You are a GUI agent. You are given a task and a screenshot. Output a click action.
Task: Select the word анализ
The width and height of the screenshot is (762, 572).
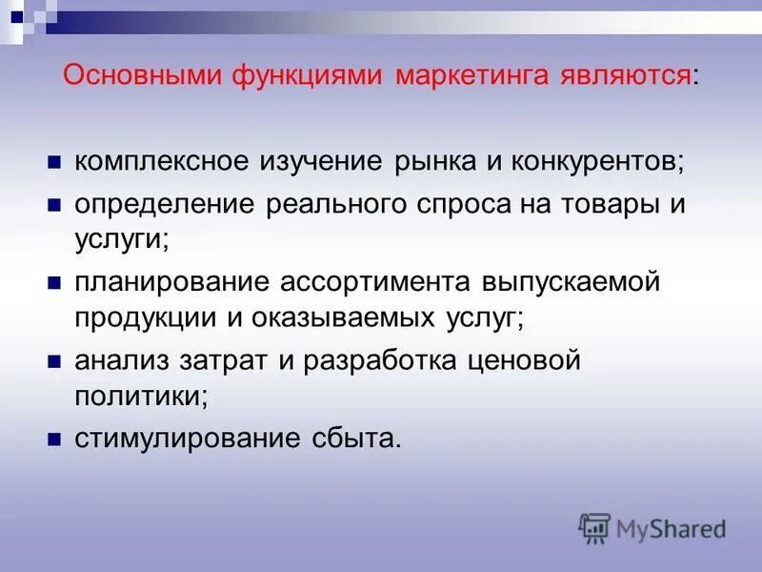(118, 362)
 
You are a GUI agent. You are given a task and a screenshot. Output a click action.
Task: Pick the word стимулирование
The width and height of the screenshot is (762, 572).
(186, 440)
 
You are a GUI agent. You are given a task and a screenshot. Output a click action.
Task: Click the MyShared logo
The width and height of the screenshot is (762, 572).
(652, 527)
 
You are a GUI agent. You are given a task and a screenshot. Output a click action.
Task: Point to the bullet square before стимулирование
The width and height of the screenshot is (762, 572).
(54, 441)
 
